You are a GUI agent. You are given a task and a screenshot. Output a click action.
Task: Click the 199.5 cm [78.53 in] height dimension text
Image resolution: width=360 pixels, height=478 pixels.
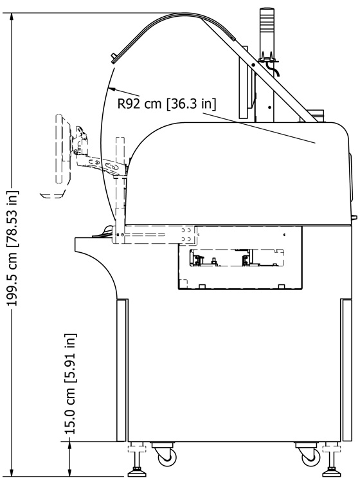12,248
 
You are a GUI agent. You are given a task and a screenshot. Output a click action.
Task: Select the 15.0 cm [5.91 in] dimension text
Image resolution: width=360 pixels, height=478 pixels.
70,383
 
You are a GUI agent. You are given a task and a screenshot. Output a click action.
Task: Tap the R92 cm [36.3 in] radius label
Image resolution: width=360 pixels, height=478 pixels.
166,104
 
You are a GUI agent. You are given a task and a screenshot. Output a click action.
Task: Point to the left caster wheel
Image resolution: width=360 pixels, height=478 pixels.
166,455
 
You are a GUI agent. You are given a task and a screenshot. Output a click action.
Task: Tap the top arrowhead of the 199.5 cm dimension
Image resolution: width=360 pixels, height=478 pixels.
12,17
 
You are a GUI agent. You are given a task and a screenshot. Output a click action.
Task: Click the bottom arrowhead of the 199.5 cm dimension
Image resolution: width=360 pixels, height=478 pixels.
12,473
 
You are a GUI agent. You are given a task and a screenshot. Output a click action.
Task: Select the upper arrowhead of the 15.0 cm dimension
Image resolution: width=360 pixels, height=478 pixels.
70,445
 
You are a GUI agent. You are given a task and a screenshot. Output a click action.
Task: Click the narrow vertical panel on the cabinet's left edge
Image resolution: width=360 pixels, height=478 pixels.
122,370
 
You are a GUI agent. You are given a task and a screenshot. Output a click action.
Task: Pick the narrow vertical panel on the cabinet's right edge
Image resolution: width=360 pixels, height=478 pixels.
346,370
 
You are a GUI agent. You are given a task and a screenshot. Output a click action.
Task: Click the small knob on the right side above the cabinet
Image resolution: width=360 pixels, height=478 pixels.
354,217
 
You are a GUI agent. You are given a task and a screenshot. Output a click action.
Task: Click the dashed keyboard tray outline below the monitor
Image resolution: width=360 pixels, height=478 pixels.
52,194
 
